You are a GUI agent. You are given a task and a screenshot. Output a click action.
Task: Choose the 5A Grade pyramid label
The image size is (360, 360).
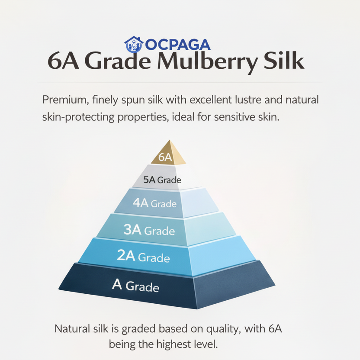click(x=162, y=180)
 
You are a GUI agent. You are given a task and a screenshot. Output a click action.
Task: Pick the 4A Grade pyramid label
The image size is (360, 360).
click(x=154, y=203)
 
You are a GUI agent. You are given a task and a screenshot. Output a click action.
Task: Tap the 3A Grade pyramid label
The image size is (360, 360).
click(x=149, y=230)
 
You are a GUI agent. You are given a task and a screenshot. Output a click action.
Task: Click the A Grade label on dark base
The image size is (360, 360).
click(x=135, y=286)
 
